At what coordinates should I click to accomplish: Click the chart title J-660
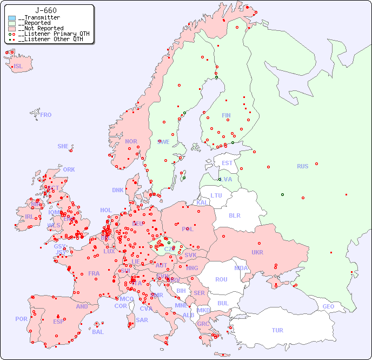click(x=45, y=10)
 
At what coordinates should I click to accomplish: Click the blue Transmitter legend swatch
click(x=12, y=18)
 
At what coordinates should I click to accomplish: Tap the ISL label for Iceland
click(x=18, y=67)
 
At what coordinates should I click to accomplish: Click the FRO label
click(x=46, y=115)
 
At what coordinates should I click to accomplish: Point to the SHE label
click(x=63, y=146)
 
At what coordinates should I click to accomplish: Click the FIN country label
click(x=226, y=115)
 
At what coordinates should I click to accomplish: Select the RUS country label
click(x=302, y=166)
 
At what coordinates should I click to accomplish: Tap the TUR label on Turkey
click(x=277, y=330)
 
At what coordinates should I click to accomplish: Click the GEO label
click(x=328, y=306)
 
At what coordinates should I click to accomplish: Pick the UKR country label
click(x=257, y=252)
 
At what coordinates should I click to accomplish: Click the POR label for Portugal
click(x=21, y=319)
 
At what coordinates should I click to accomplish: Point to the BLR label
click(x=235, y=215)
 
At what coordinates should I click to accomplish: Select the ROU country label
click(x=221, y=279)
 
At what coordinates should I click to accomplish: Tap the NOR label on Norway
click(x=131, y=141)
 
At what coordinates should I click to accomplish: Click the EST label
click(x=227, y=163)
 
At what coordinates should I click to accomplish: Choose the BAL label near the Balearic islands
click(x=98, y=332)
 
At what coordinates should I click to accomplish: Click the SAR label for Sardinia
click(x=142, y=320)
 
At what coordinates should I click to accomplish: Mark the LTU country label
click(x=216, y=195)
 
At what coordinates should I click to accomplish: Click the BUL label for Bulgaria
click(x=223, y=303)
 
